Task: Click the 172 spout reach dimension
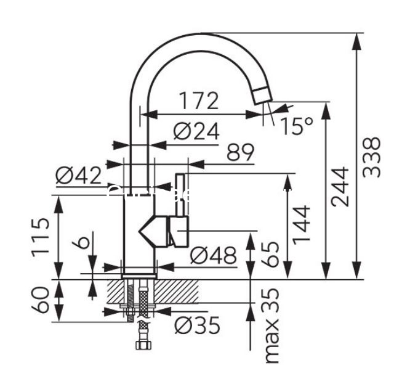[x=199, y=100]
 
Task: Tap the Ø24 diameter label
[x=196, y=131]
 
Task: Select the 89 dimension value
[x=240, y=152]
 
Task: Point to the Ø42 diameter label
[x=78, y=176]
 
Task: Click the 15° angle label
[x=297, y=126]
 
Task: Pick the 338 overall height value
[x=371, y=157]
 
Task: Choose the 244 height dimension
[x=340, y=187]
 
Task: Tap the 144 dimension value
[x=302, y=225]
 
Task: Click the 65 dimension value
[x=270, y=254]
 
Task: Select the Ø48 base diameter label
[x=213, y=255]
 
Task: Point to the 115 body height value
[x=40, y=237]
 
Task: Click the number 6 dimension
[x=81, y=243]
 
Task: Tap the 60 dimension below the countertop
[x=40, y=300]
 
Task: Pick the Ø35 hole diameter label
[x=197, y=325]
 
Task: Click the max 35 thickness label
[x=271, y=325]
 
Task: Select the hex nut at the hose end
[x=143, y=345]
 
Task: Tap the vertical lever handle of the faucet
[x=180, y=195]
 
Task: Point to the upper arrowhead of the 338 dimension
[x=356, y=41]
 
